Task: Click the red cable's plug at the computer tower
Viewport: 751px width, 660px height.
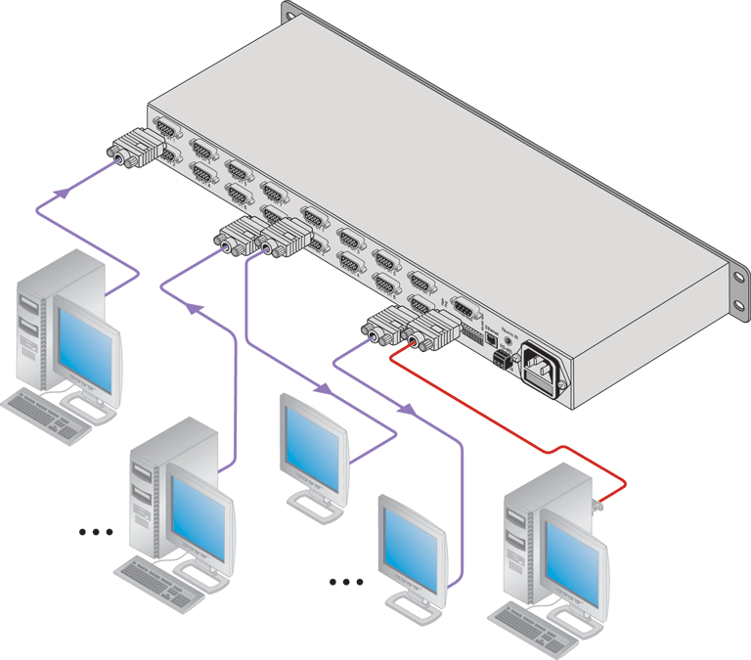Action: tap(598, 505)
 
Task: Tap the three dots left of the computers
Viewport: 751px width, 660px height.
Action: tap(96, 533)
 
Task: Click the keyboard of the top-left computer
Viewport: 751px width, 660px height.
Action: tap(47, 412)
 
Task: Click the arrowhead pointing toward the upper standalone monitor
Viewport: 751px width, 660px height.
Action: tap(322, 389)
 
